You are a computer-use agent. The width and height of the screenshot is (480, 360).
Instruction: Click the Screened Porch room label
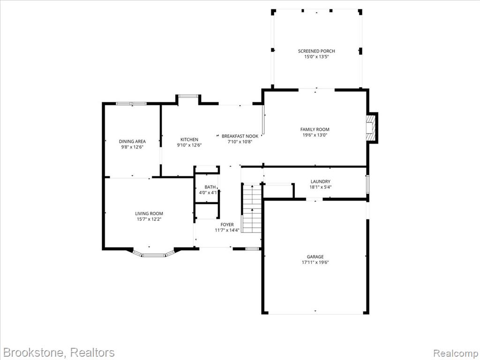(x=316, y=51)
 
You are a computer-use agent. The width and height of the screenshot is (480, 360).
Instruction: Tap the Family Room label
(x=315, y=129)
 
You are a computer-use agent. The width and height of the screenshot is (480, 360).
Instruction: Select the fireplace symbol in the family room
(x=372, y=127)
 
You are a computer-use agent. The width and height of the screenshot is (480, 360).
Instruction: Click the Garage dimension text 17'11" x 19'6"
(x=315, y=262)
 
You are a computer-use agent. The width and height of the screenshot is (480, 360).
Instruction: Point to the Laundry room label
(x=321, y=181)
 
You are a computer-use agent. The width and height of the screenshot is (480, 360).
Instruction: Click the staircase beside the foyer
(x=252, y=208)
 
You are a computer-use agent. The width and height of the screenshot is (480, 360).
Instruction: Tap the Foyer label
(x=227, y=225)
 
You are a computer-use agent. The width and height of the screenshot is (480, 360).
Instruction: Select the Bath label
(x=210, y=187)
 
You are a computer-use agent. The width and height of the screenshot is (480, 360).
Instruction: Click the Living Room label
(x=149, y=214)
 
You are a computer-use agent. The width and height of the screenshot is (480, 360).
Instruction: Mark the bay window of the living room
(x=154, y=254)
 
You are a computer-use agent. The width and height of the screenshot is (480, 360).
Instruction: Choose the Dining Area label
(x=132, y=142)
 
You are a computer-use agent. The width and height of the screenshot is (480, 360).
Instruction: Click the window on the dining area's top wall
(x=131, y=104)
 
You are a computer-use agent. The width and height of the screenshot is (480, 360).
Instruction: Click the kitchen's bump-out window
(x=188, y=96)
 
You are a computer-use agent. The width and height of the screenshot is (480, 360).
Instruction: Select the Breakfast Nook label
(x=240, y=136)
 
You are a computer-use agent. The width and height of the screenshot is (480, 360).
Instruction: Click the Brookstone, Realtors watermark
(x=59, y=352)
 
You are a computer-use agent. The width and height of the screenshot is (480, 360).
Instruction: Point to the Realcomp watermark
(x=456, y=353)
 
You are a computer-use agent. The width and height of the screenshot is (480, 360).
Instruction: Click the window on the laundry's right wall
(x=367, y=184)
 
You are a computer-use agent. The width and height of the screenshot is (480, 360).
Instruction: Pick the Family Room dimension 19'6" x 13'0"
(x=315, y=135)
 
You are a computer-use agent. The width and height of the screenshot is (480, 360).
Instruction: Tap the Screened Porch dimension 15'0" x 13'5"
(x=316, y=57)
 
